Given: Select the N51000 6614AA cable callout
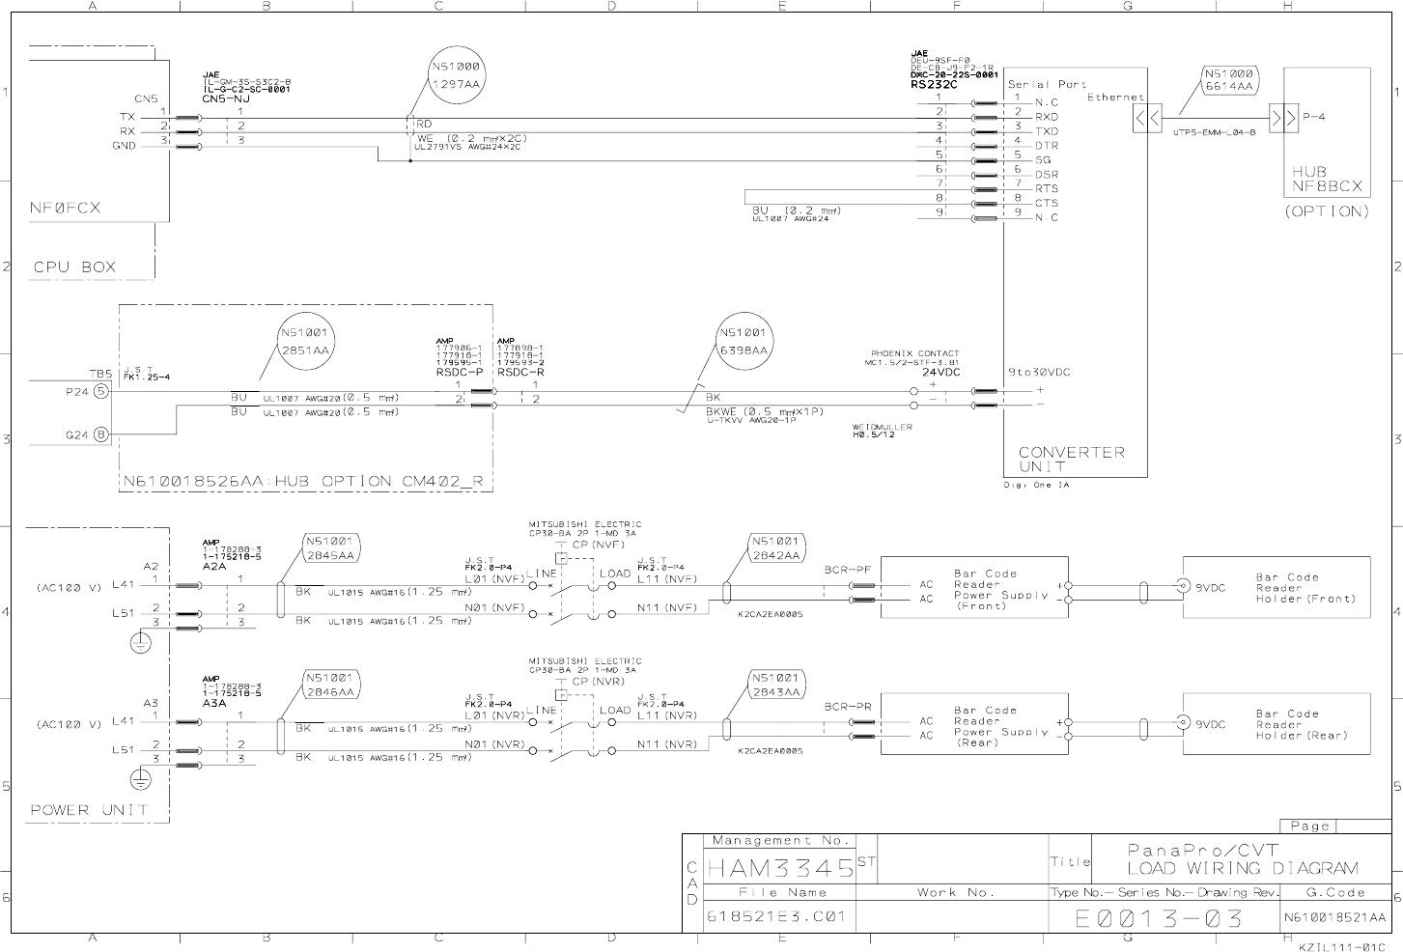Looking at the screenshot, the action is [1228, 80].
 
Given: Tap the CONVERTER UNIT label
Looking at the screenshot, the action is [1072, 459].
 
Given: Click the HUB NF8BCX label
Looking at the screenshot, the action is [1326, 178].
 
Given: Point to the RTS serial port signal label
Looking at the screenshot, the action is [1047, 189].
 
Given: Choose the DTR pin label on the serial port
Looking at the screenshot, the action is [1047, 146].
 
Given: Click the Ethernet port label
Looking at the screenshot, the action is [1115, 98].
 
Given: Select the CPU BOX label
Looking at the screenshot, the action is [74, 267].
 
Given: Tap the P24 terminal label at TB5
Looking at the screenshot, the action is [76, 392].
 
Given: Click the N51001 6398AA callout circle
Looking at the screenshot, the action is [744, 342].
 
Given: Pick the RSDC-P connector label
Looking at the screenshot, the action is [459, 372].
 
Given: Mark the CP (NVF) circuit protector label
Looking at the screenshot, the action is [598, 545].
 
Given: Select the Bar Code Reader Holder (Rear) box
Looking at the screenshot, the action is [1277, 724].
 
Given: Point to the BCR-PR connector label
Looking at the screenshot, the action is [848, 707].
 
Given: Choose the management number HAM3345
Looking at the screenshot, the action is [780, 867].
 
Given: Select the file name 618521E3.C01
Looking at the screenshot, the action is [775, 916].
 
